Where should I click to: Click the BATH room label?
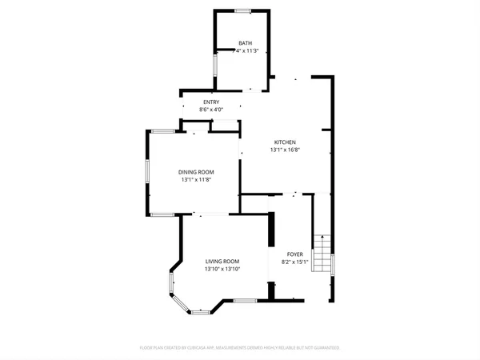[x=247, y=43]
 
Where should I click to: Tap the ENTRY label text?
[x=211, y=102]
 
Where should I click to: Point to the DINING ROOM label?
[x=196, y=172]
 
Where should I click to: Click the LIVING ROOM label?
[x=222, y=262]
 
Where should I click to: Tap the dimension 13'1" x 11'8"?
[x=196, y=180]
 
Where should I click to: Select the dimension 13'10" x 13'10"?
[x=222, y=270]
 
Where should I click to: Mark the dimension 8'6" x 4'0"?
[x=211, y=110]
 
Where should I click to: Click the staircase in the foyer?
[x=321, y=254]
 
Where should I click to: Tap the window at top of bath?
[x=242, y=10]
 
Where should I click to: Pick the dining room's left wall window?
[x=146, y=173]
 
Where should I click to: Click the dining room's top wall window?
[x=164, y=130]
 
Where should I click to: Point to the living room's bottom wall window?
[x=246, y=300]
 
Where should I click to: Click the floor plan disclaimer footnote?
[x=240, y=348]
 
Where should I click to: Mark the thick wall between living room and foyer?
[x=271, y=256]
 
